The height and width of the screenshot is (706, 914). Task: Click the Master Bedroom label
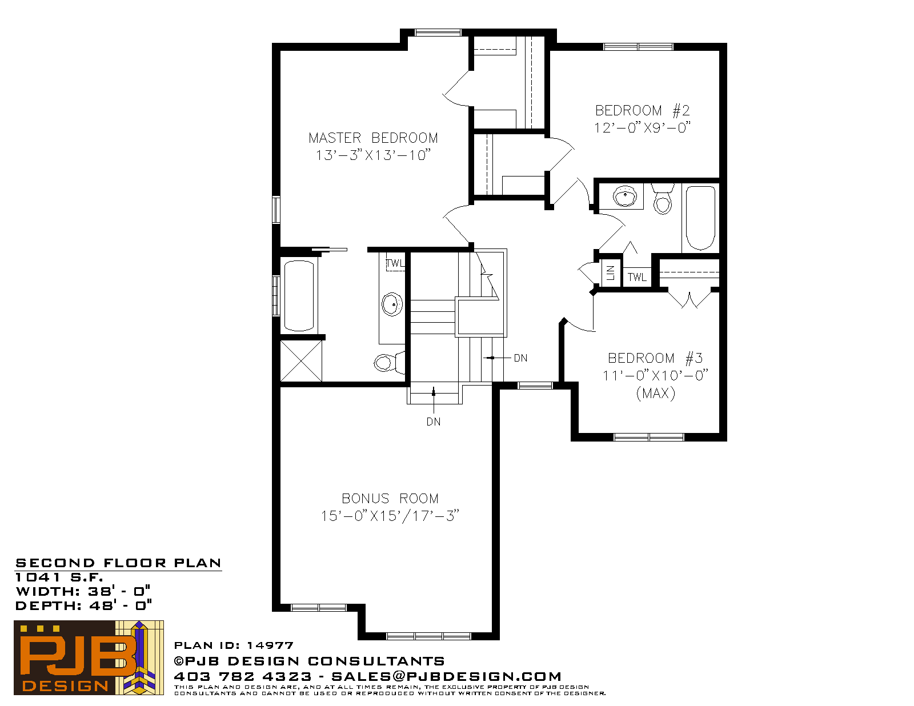373,138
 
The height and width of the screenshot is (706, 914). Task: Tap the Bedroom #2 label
642,111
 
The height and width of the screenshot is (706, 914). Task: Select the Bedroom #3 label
655,358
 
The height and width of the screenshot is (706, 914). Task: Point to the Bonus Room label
390,498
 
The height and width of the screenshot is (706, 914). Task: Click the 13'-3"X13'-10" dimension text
373,155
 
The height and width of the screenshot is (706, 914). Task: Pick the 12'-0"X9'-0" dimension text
642,127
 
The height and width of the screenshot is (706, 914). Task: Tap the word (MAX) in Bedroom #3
655,393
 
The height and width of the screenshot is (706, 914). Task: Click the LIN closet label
611,273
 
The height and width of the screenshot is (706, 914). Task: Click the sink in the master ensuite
392,304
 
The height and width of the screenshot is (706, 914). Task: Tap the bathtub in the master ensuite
299,296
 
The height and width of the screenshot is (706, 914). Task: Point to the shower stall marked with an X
301,361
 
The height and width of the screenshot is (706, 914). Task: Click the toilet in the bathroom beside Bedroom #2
663,199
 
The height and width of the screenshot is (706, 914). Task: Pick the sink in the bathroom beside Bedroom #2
625,196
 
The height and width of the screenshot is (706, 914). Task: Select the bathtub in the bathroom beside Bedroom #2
700,218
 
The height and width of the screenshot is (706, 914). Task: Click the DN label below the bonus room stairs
434,422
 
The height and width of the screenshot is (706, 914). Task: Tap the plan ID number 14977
270,645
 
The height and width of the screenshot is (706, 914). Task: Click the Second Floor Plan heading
118,563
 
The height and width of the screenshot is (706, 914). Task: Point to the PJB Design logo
89,657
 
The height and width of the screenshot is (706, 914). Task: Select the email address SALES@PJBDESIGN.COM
446,676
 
